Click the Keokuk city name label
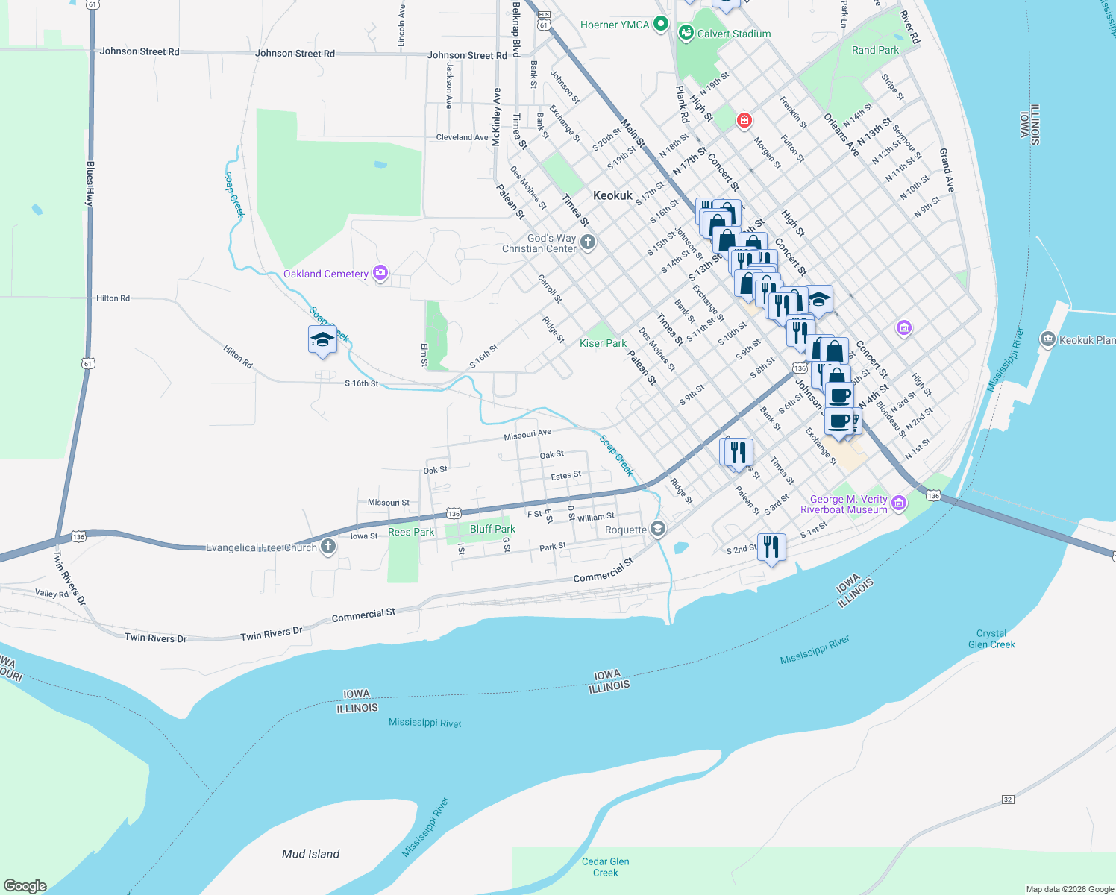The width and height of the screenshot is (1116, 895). coord(612,195)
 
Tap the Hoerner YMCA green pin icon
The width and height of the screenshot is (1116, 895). coord(660,25)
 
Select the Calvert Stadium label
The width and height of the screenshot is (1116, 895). coord(733,34)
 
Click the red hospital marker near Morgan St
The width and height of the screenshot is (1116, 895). coord(744,120)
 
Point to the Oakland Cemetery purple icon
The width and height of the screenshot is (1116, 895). coord(380,273)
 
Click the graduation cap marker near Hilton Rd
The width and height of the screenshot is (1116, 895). coord(322,340)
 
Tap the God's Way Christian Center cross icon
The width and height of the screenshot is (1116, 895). coord(588,242)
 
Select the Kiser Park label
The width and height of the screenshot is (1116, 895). coord(603,343)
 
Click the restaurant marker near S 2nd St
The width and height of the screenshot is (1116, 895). coord(771,547)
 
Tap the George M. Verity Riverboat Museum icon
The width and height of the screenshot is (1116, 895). coord(899,504)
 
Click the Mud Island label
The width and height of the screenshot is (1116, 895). coord(310,854)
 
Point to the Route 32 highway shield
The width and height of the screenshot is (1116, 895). coord(1008,800)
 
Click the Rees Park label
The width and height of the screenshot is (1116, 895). coord(411,532)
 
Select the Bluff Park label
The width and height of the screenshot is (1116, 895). coord(492,529)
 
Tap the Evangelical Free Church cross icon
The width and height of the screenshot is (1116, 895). coord(327,547)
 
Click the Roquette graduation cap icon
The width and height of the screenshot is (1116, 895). coord(657,529)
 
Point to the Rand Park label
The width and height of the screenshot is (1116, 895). coord(875,50)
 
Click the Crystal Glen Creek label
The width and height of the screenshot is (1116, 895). coord(991,638)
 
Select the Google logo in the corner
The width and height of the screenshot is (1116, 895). coord(25,885)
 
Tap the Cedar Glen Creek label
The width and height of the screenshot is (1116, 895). coord(605,867)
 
